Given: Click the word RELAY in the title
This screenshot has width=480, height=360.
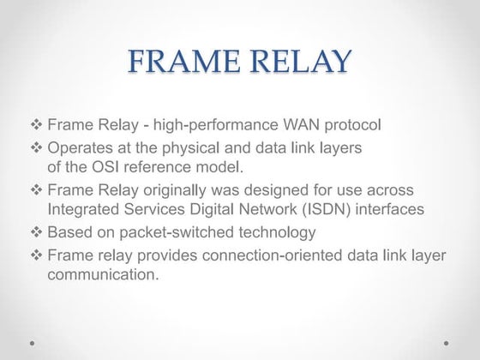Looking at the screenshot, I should [x=297, y=63].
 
